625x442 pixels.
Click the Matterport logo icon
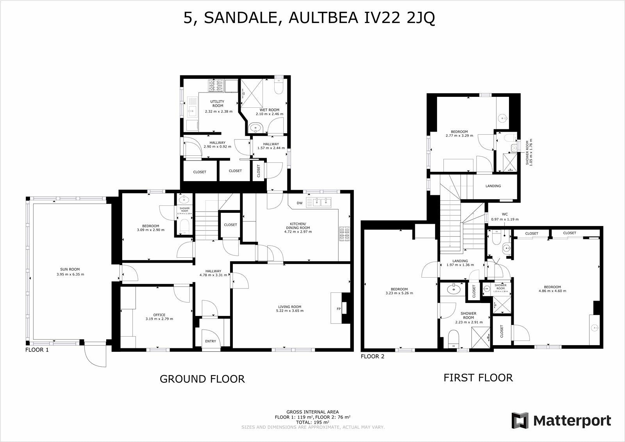[521, 421]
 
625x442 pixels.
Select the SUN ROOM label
[70, 269]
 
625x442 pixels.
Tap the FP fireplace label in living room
[339, 308]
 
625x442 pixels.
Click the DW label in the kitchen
[300, 203]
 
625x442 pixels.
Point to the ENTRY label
[210, 341]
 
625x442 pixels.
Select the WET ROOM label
[270, 110]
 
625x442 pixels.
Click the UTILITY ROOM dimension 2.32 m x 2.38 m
[218, 111]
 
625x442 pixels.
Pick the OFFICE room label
[159, 315]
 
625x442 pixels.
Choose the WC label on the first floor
[504, 214]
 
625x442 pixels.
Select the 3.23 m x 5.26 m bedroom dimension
[399, 293]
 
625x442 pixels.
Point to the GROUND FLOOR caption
[202, 379]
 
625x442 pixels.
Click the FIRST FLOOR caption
[478, 378]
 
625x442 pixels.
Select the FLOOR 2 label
[373, 356]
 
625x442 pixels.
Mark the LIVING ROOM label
[289, 307]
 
